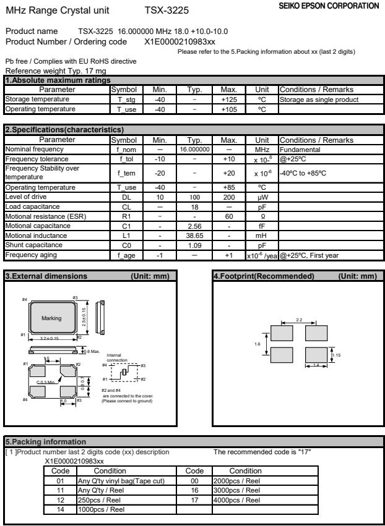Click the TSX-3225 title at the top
(x=166, y=11)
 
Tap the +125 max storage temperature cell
(x=230, y=99)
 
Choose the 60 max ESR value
(x=230, y=201)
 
